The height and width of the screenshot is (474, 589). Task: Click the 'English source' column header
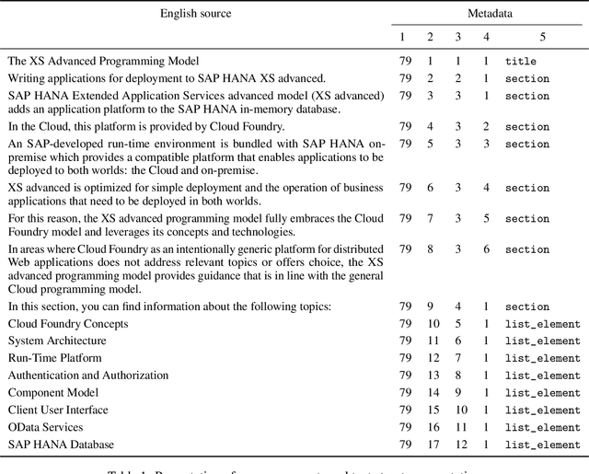pyautogui.click(x=196, y=14)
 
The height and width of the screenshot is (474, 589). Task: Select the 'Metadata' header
pyautogui.click(x=488, y=14)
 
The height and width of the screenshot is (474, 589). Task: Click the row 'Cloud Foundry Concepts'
pyautogui.click(x=68, y=324)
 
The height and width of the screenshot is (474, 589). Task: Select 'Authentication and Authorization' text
pyautogui.click(x=88, y=376)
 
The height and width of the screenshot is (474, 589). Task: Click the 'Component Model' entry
pyautogui.click(x=52, y=393)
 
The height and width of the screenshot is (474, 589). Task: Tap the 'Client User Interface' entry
pyautogui.click(x=58, y=410)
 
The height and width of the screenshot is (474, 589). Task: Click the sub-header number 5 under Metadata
pyautogui.click(x=542, y=38)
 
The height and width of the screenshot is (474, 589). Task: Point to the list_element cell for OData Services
pyautogui.click(x=542, y=427)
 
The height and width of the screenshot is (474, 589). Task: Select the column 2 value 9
pyautogui.click(x=430, y=306)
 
